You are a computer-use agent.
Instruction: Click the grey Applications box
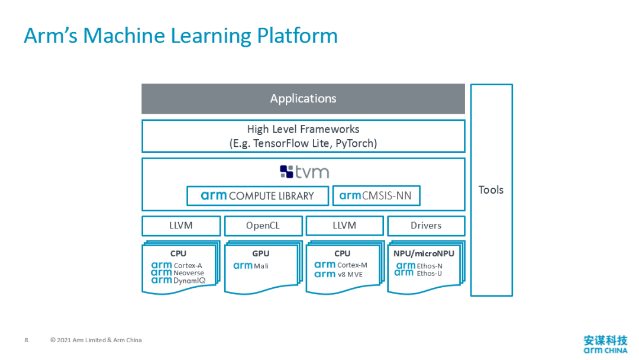coord(303,99)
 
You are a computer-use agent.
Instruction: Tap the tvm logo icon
coord(286,172)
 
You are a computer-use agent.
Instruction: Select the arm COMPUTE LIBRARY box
coord(257,196)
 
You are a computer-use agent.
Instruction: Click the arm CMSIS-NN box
coord(376,196)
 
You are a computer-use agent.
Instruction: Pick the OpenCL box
coord(263,226)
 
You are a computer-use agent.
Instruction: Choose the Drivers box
coord(426,226)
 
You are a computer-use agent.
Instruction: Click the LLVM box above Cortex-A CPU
coord(181,226)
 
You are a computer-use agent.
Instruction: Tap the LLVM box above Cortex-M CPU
coord(344,226)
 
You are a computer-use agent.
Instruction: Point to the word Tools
coord(491,190)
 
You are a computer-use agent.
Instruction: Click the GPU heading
coord(261,253)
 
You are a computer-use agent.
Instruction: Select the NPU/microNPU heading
coord(424,253)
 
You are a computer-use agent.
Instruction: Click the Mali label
coord(262,266)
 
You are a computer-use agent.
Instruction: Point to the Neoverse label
coord(189,273)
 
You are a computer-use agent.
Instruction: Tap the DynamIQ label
coord(189,281)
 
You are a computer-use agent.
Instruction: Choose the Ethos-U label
coord(429,274)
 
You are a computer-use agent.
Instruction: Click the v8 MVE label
coord(350,274)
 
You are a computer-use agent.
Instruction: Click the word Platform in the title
coord(298,36)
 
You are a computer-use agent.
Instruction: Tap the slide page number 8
coord(27,340)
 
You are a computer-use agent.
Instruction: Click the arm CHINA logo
coord(606,345)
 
